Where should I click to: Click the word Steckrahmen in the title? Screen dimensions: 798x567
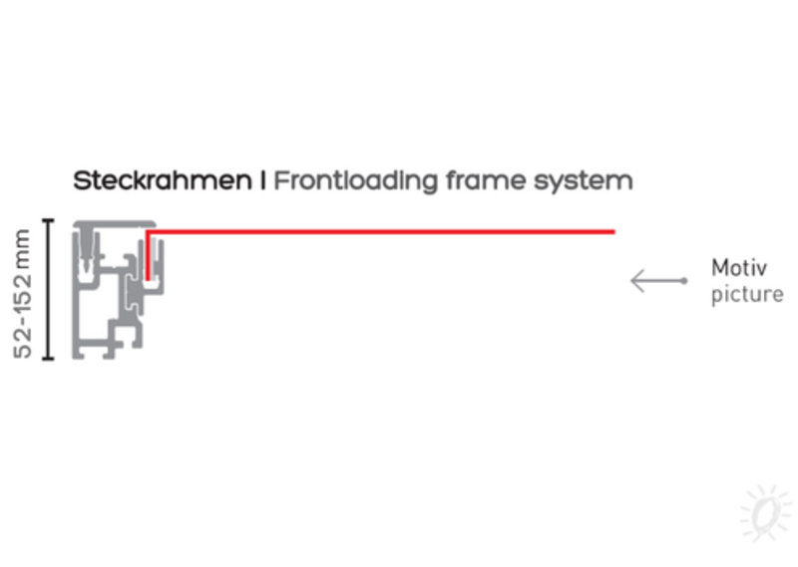click(x=163, y=180)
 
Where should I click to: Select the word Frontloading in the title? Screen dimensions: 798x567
click(x=356, y=181)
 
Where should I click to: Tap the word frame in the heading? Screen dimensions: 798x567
click(x=486, y=180)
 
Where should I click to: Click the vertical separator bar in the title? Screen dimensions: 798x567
click(x=262, y=180)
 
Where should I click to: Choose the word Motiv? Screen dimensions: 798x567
click(x=739, y=268)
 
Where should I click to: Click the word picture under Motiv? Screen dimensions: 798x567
click(x=747, y=294)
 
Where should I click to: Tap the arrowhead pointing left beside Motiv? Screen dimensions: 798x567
click(x=636, y=281)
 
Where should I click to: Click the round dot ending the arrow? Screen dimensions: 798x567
click(x=684, y=281)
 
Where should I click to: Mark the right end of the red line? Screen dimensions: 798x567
click(x=614, y=232)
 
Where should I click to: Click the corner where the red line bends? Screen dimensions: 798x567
click(x=148, y=232)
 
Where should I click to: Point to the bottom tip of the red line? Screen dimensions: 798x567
click(x=148, y=280)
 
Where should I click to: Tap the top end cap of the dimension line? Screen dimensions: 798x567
click(x=48, y=220)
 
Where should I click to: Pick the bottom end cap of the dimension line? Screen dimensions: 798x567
click(x=48, y=359)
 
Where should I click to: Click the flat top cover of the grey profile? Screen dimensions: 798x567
click(x=115, y=224)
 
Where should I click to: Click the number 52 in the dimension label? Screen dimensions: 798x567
click(x=22, y=343)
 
